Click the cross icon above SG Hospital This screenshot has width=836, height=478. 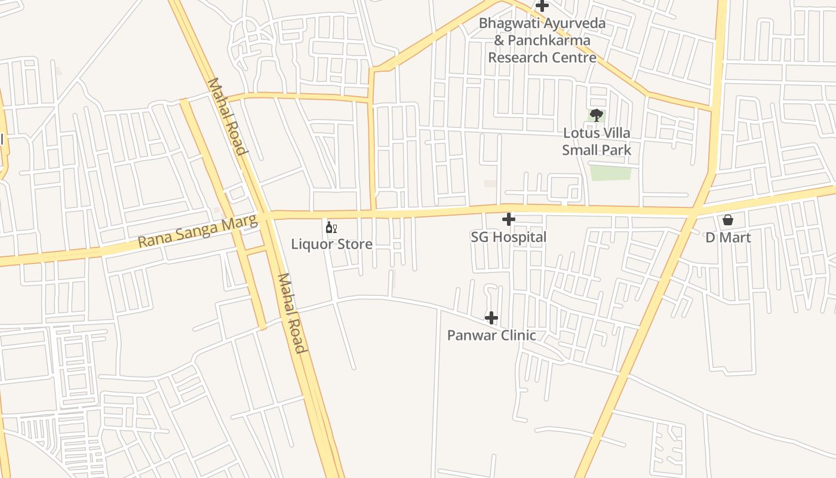pos(508,219)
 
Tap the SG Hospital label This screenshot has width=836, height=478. pos(508,237)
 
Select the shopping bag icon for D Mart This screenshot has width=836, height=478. pos(728,220)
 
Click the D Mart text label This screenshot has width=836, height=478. pos(728,238)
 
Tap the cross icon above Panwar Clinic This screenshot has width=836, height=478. pos(491,318)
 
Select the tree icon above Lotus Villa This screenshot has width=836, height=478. pos(596,115)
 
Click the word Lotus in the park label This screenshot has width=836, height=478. pos(580,133)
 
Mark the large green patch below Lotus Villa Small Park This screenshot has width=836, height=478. pos(610,173)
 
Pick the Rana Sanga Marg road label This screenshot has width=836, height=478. pos(198,233)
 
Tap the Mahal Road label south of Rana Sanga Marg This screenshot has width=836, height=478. pos(292,313)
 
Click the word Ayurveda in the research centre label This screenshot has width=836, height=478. pos(574,24)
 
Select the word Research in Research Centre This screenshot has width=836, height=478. pos(517,58)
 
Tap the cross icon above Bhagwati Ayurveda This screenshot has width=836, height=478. pos(542,6)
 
